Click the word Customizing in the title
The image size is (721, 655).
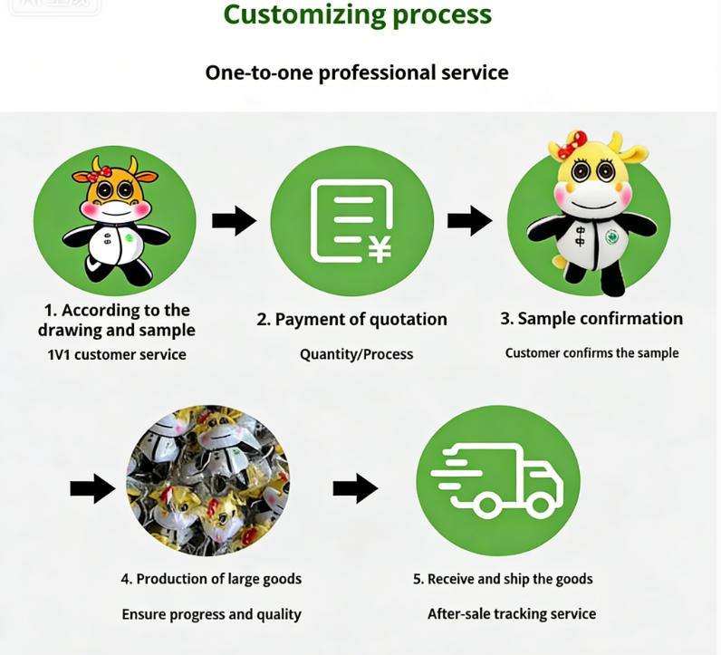pyautogui.click(x=304, y=14)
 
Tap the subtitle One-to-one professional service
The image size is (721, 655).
pyautogui.click(x=357, y=72)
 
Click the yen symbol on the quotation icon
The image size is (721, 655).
pyautogui.click(x=380, y=249)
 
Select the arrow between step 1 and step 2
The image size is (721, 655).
pyautogui.click(x=234, y=221)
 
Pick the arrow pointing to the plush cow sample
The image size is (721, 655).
pyautogui.click(x=469, y=221)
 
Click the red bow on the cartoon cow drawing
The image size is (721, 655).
pyautogui.click(x=99, y=174)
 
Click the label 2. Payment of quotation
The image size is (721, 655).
pyautogui.click(x=351, y=319)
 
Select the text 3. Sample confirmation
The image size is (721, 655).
pyautogui.click(x=591, y=318)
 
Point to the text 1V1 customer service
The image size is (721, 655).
pyautogui.click(x=117, y=354)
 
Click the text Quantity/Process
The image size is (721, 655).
pyautogui.click(x=356, y=354)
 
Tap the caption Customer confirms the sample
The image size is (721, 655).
pyautogui.click(x=591, y=352)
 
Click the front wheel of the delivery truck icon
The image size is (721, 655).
pyautogui.click(x=539, y=504)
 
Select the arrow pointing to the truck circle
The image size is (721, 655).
pyautogui.click(x=355, y=488)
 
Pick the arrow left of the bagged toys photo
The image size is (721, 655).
pyautogui.click(x=93, y=488)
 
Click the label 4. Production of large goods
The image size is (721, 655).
pyautogui.click(x=212, y=579)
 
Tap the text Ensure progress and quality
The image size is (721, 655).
pyautogui.click(x=212, y=614)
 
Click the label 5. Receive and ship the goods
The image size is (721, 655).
pyautogui.click(x=503, y=579)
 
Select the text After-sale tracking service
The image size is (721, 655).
pyautogui.click(x=512, y=614)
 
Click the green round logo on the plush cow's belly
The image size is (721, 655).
pyautogui.click(x=611, y=236)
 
